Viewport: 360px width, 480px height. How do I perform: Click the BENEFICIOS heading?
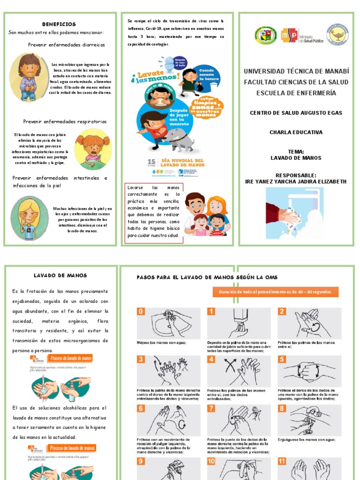[59, 24]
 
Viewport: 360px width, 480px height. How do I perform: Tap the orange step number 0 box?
[141, 312]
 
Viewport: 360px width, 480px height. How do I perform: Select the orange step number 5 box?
[282, 360]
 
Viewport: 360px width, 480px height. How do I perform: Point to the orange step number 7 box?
[212, 408]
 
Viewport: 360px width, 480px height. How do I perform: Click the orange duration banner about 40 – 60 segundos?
[276, 292]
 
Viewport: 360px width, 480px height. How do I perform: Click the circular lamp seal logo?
[337, 34]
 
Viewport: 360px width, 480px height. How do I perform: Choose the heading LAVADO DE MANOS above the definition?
[60, 276]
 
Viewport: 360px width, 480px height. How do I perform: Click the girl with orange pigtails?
[92, 147]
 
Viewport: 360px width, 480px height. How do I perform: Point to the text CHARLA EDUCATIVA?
[296, 132]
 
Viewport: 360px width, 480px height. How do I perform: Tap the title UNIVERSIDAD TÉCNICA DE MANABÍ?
[296, 71]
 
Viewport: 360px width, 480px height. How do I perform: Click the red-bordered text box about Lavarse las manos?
[154, 213]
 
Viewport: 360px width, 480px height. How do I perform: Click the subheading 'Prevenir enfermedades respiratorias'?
[65, 122]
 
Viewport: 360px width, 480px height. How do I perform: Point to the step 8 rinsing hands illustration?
[309, 420]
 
